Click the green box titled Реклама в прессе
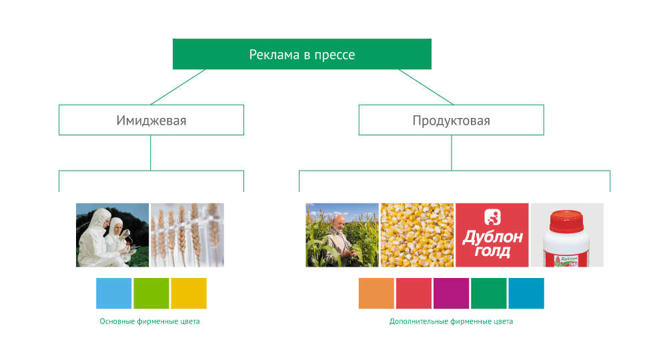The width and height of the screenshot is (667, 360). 302,54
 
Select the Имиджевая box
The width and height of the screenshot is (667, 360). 151,120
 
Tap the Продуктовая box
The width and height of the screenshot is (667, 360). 452,120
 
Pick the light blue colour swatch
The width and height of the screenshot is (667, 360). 113,293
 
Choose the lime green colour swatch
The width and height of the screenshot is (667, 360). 151,293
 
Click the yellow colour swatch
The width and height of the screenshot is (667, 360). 189,293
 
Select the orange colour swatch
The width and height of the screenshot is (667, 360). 376,293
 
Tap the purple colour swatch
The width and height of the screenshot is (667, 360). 452,293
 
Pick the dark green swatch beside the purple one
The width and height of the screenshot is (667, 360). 489,293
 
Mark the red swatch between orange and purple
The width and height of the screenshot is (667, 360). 414,293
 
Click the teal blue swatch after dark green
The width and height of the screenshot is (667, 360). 526,293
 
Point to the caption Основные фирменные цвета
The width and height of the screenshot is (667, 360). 149,321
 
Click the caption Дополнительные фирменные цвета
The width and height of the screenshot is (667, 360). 451,321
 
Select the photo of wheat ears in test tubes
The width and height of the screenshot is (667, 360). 187,235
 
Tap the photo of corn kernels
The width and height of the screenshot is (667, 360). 417,235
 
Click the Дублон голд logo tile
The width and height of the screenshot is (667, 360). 492,235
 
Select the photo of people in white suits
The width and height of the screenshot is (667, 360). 112,235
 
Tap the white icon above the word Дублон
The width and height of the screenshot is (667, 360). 492,217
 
